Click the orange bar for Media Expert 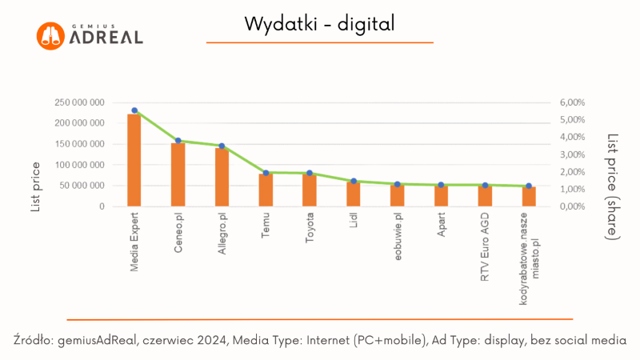(x=134, y=160)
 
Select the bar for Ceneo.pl (x=178, y=174)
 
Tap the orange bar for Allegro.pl (x=222, y=177)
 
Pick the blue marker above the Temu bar (x=266, y=173)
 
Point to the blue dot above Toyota (x=310, y=174)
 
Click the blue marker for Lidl (x=354, y=182)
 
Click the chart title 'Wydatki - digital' (x=320, y=25)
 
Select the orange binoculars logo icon (x=50, y=35)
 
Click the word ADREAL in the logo (x=106, y=38)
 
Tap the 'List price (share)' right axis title (x=613, y=186)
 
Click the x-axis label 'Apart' (x=442, y=226)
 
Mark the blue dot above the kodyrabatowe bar (x=529, y=186)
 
